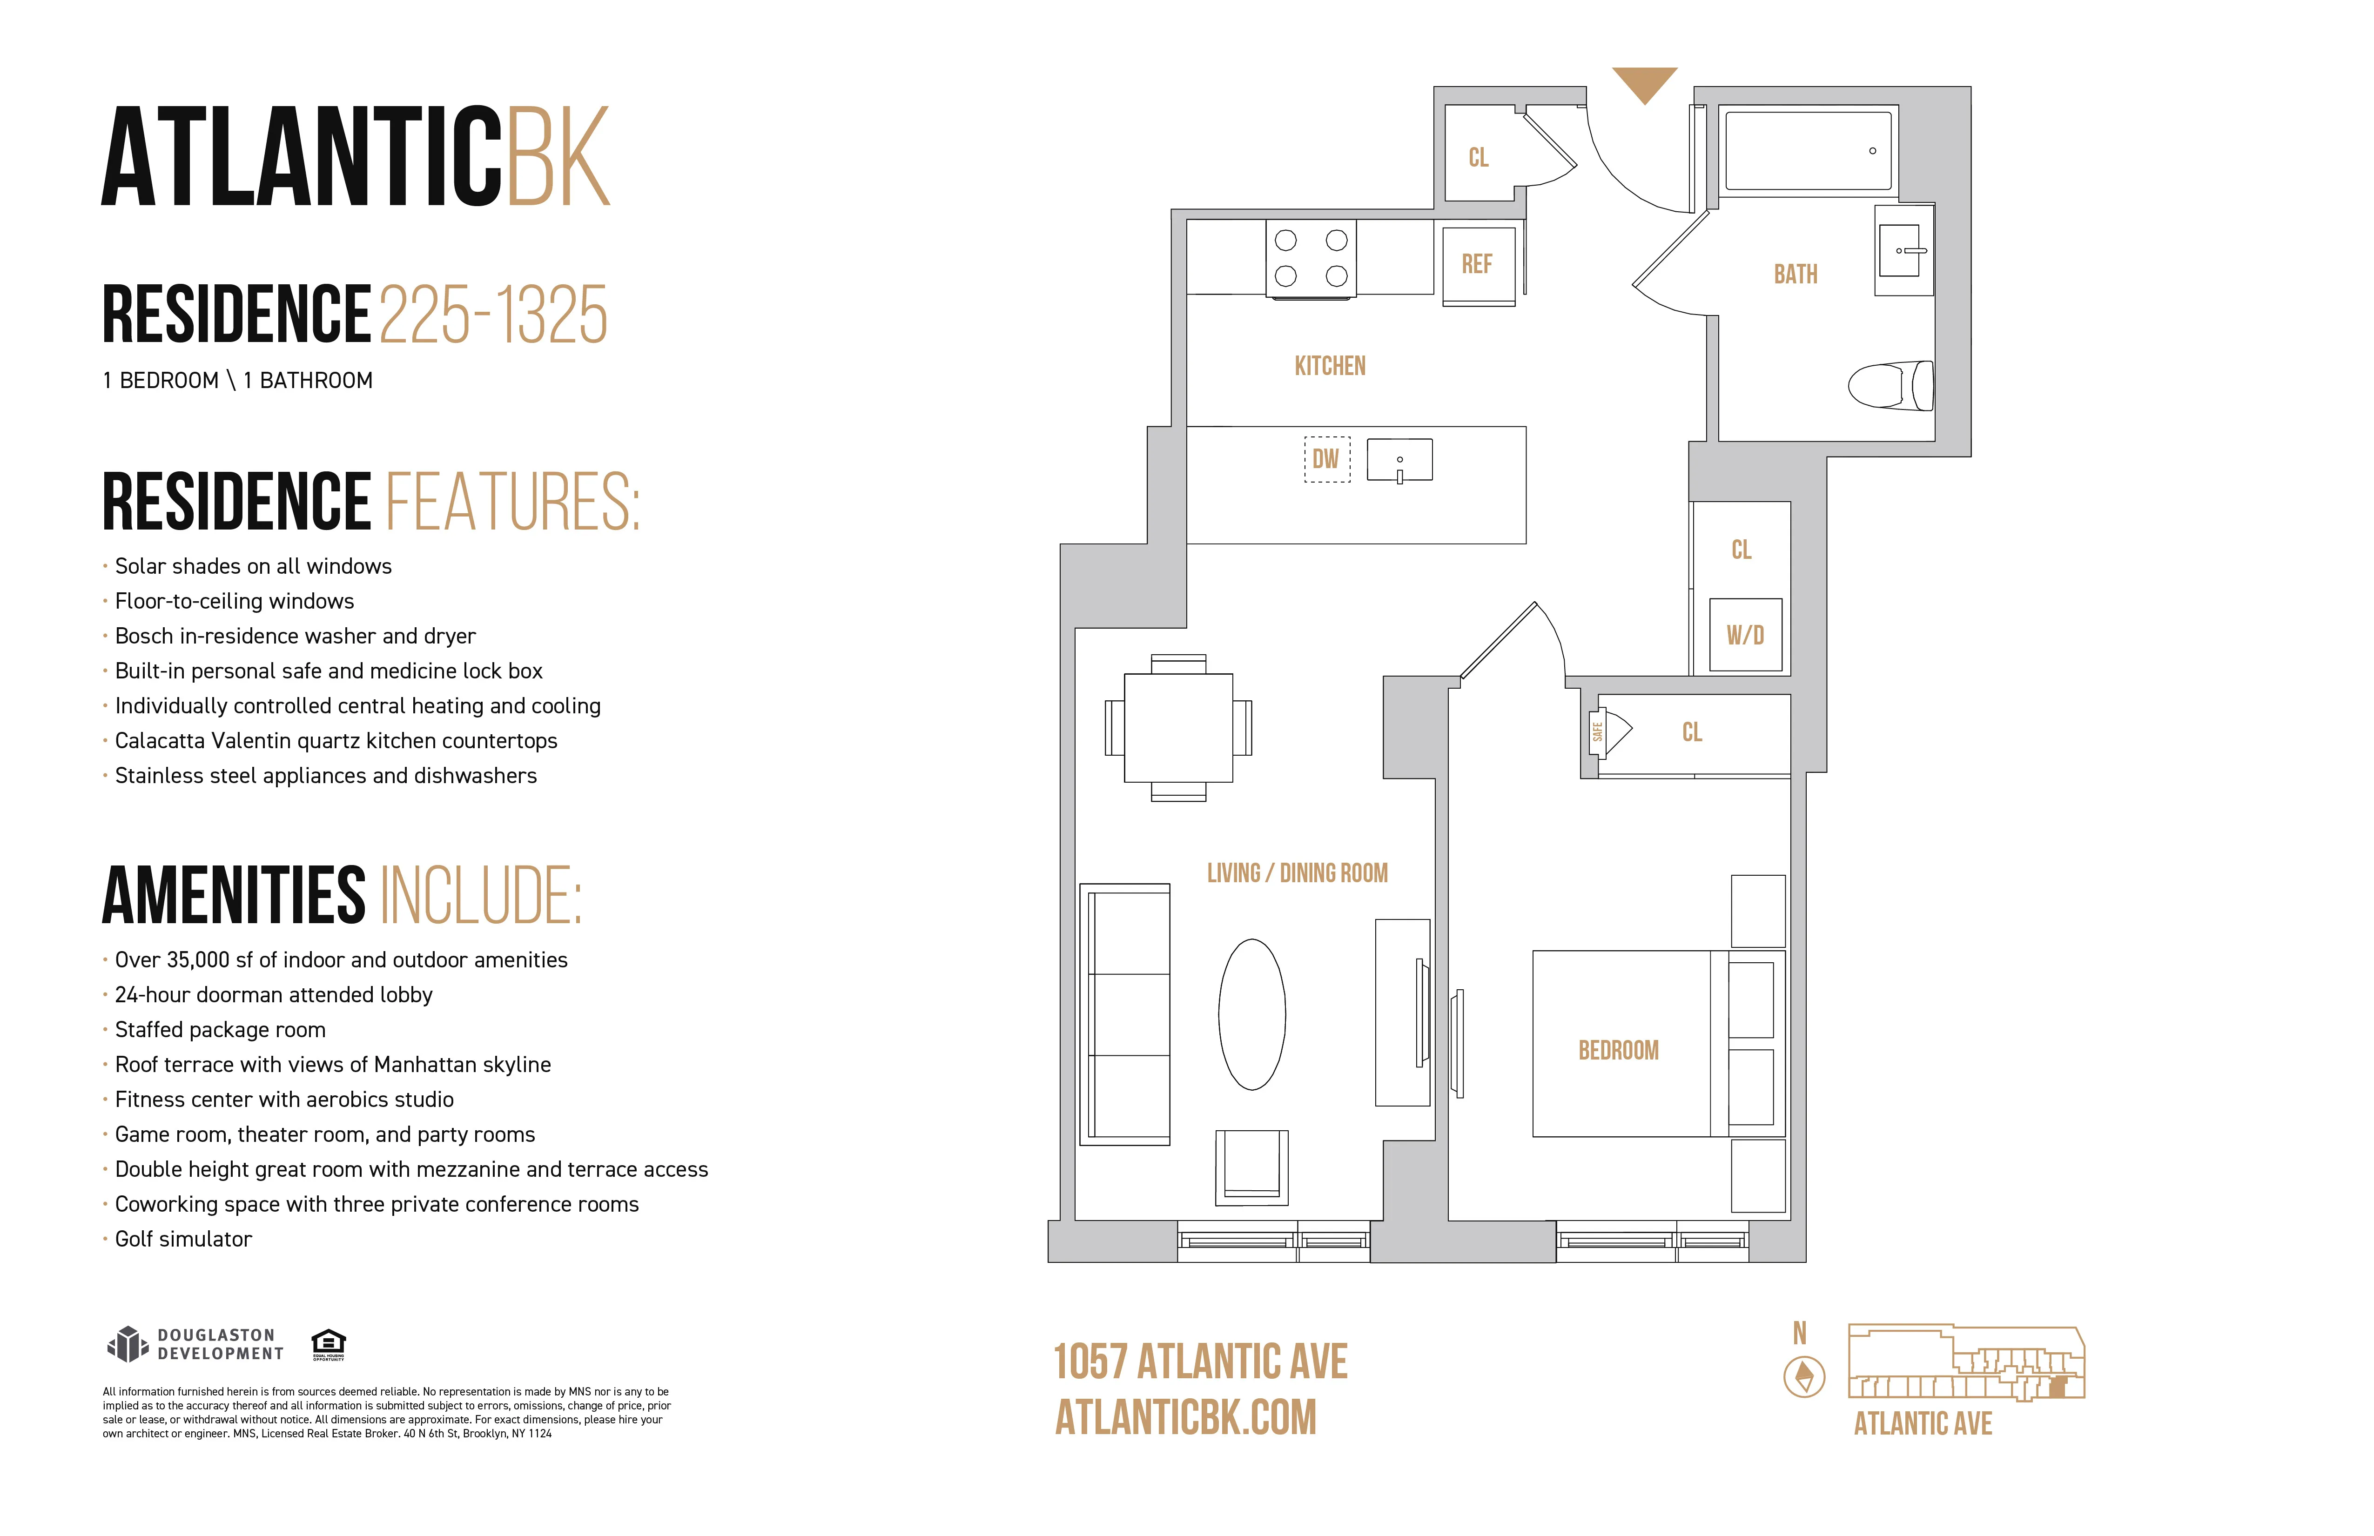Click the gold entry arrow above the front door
[x=1644, y=84]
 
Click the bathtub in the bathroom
[x=1808, y=150]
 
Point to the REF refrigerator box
[x=1477, y=264]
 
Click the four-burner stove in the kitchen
[x=1311, y=258]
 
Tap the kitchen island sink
[x=1399, y=461]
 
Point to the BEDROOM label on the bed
[x=1618, y=1050]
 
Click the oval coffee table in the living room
[x=1252, y=1014]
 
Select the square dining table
[x=1178, y=728]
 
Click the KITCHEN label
[x=1330, y=366]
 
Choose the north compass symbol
[x=1803, y=1376]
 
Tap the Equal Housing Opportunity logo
[x=328, y=1343]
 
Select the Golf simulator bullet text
[x=183, y=1239]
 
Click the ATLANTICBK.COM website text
[x=1186, y=1417]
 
